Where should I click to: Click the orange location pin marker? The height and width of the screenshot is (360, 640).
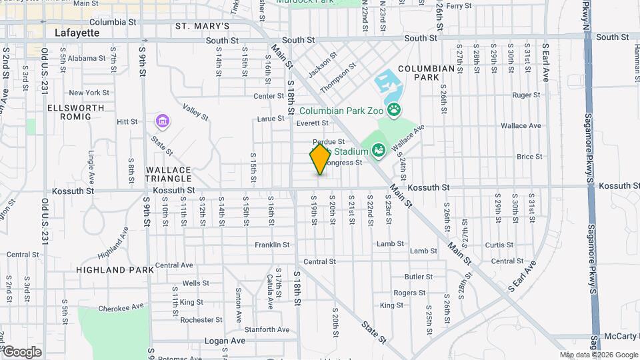[320, 159]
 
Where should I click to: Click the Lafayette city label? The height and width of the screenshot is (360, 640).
[77, 32]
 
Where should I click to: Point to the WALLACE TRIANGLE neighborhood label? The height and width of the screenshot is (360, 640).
[169, 174]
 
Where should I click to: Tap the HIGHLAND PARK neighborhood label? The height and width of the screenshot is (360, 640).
[115, 270]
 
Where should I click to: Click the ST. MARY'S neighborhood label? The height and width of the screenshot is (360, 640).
[202, 26]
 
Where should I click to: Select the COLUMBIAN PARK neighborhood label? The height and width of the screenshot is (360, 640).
[427, 73]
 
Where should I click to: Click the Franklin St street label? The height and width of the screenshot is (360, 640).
[272, 245]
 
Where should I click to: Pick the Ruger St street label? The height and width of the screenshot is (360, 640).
[527, 95]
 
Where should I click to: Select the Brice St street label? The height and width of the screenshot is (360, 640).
[529, 157]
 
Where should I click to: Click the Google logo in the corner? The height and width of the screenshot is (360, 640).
[21, 352]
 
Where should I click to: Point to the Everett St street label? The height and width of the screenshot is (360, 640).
[313, 123]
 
